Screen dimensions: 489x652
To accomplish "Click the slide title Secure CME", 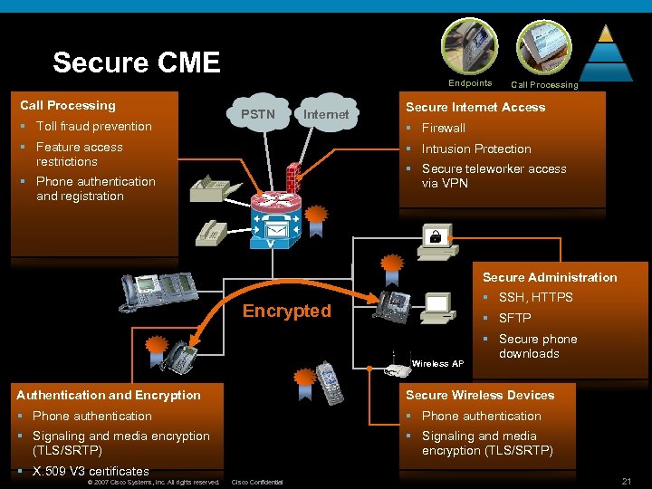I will [137, 62].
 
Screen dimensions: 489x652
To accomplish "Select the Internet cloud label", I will [325, 114].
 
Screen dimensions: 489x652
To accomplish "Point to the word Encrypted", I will [287, 311].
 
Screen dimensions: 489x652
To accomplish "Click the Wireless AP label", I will [437, 363].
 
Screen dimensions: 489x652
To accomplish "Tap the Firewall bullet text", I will [443, 128].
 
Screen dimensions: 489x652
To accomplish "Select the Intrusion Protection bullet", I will [476, 149].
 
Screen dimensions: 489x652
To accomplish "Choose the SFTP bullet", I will [514, 318].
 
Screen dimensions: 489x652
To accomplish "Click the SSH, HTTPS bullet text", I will [535, 297].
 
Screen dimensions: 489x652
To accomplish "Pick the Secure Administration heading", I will [550, 277].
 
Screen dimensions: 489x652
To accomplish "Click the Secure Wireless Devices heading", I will [480, 395].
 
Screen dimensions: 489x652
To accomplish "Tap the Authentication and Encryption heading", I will [109, 395].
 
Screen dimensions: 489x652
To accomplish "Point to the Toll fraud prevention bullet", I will [93, 126].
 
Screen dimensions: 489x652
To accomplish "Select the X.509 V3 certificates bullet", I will [91, 471].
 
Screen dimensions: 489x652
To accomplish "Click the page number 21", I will [624, 479].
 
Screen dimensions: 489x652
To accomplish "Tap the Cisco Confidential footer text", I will [258, 482].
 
